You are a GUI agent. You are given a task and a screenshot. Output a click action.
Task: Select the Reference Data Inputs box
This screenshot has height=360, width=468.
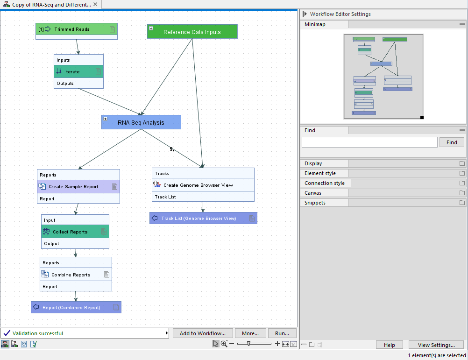click(x=192, y=32)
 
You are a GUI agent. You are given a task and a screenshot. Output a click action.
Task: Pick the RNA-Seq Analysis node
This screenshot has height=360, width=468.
click(x=141, y=122)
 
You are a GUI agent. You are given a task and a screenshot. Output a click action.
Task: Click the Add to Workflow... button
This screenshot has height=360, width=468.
click(x=202, y=333)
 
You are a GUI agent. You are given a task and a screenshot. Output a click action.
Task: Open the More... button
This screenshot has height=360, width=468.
click(x=250, y=333)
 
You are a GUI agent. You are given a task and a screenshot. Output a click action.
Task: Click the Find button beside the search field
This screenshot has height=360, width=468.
click(x=452, y=142)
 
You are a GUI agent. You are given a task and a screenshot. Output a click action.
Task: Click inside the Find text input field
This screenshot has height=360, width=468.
click(x=369, y=142)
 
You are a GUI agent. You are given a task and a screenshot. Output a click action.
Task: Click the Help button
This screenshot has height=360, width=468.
click(x=389, y=345)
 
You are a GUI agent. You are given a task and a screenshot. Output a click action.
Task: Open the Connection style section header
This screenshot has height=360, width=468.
click(x=325, y=183)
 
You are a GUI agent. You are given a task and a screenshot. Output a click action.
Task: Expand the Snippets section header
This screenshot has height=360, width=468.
click(x=315, y=203)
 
